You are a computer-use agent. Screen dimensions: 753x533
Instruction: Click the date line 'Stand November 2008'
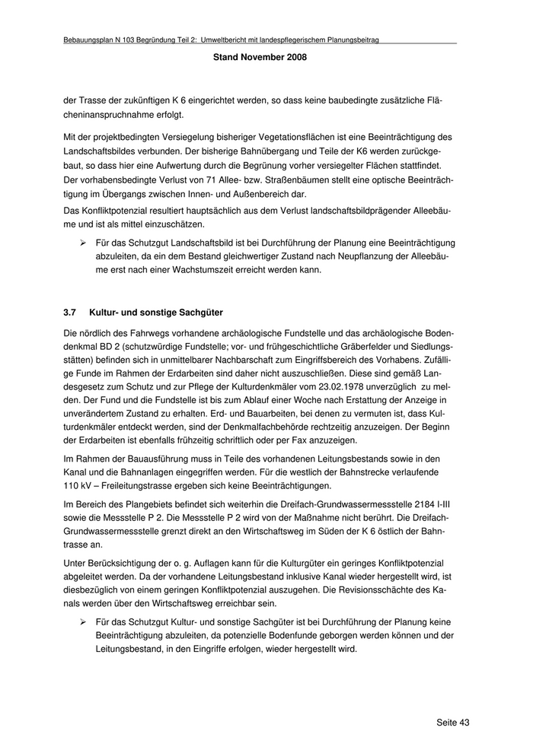click(x=260, y=57)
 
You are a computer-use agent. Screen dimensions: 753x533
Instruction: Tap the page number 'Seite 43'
click(x=452, y=722)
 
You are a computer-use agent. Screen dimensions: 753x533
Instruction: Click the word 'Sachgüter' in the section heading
click(x=203, y=313)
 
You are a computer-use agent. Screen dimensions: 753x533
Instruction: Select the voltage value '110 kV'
click(x=76, y=485)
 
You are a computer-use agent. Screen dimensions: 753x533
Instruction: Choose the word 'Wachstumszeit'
click(x=204, y=270)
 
